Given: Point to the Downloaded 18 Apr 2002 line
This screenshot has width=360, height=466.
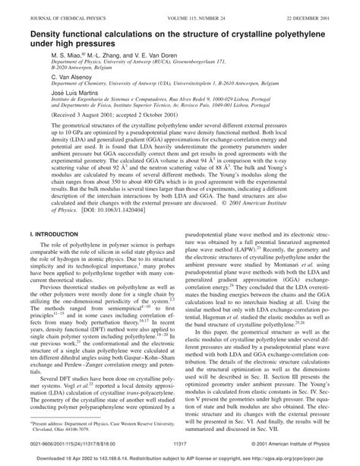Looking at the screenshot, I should tap(179, 459).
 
